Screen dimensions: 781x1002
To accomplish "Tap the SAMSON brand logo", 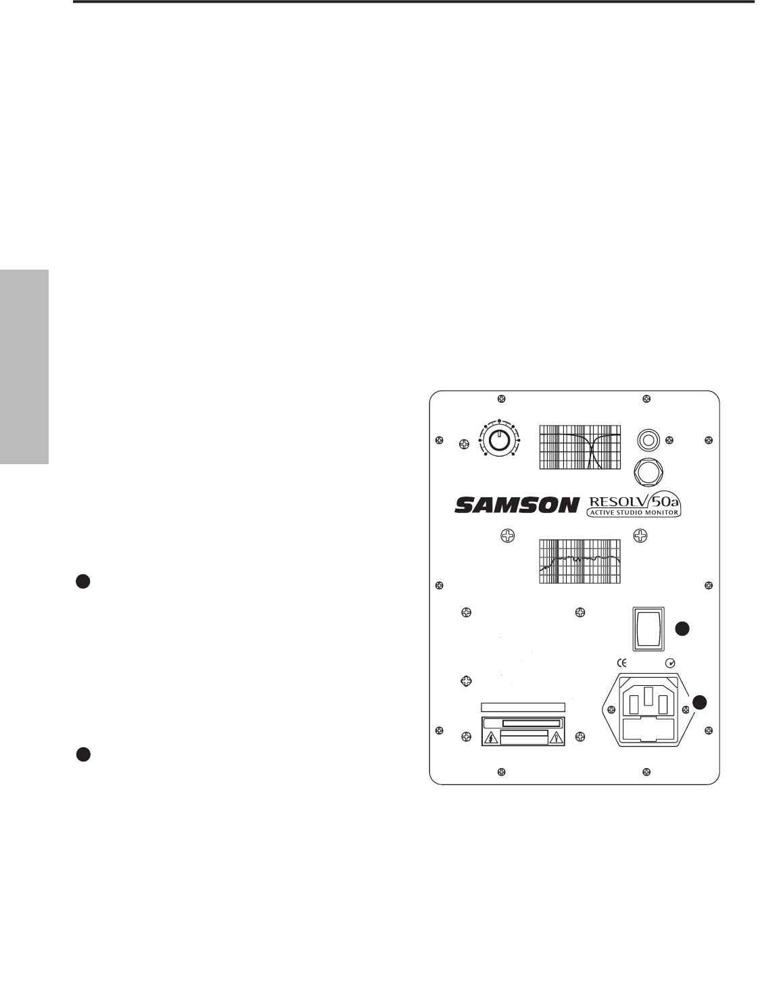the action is point(517,505).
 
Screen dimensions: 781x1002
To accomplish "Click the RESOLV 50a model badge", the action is point(633,505).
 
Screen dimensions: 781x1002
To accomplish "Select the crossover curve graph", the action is point(580,447).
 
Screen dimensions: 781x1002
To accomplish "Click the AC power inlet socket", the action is point(647,708).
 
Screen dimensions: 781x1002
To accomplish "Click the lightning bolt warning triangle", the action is point(490,737).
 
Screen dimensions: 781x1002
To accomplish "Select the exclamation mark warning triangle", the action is point(557,737).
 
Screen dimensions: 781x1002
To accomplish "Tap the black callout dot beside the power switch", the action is point(683,628).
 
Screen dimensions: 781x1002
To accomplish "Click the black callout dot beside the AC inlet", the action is point(699,702).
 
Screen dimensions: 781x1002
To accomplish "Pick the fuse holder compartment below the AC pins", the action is point(647,728).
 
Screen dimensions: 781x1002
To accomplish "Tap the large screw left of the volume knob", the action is point(465,444).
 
